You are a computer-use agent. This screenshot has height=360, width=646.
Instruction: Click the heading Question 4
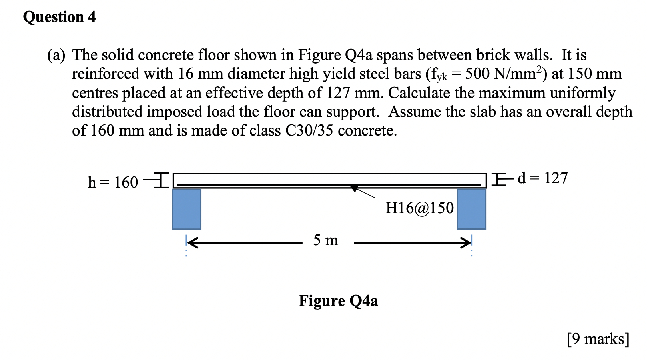[x=59, y=17]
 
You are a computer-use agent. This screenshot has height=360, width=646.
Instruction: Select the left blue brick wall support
[x=187, y=209]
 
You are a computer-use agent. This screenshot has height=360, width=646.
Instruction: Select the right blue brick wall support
[x=471, y=209]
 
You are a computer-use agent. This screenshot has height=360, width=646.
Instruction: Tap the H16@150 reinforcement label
[x=419, y=208]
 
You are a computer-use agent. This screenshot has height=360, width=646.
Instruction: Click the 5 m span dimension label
[x=325, y=240]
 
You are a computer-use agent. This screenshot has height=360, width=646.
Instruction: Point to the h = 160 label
[x=113, y=182]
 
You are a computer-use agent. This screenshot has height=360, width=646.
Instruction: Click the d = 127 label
[x=542, y=178]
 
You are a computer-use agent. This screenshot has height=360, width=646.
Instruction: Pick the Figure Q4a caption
[x=338, y=301]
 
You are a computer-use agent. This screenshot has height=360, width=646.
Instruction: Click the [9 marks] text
[x=598, y=339]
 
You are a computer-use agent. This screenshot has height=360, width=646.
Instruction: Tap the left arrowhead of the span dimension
[x=191, y=242]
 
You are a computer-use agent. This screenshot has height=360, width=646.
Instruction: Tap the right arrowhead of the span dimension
[x=466, y=242]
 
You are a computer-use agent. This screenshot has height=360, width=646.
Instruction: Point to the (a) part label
[x=56, y=55]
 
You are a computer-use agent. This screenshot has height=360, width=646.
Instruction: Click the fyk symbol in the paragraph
[x=437, y=75]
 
